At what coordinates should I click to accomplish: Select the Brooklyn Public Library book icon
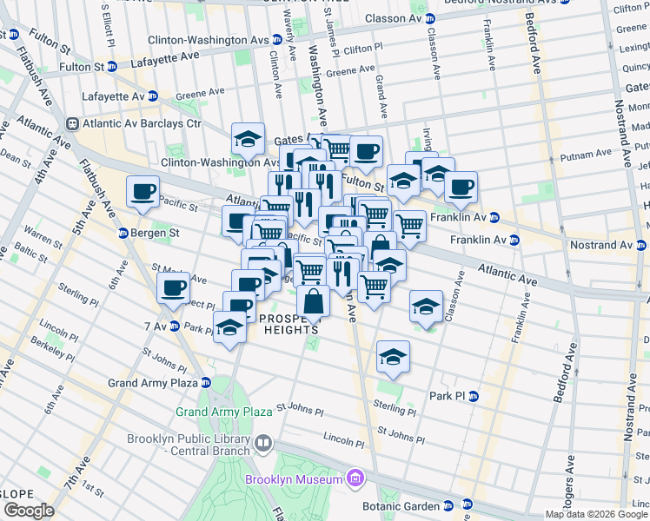263,445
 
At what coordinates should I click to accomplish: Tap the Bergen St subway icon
123,234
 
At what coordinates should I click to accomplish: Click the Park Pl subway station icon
474,396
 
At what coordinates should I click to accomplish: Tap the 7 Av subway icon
175,326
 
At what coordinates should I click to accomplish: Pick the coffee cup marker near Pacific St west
143,191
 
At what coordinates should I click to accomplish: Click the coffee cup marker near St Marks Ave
173,287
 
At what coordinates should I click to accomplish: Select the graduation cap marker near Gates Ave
248,139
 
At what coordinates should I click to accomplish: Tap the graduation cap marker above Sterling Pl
393,356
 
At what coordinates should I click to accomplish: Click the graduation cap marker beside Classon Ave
426,306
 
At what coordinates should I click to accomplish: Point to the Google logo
30,511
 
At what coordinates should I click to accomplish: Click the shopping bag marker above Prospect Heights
313,302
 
